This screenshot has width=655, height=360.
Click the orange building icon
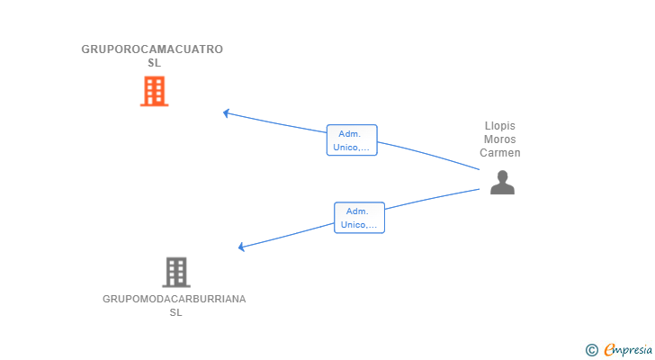point(154,91)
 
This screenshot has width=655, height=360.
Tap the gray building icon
point(176,273)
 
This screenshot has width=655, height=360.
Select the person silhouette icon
point(502,183)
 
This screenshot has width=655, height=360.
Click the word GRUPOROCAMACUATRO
point(152,49)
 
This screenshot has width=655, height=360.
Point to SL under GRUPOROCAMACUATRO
point(154,63)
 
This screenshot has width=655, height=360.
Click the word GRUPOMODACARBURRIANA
point(175,299)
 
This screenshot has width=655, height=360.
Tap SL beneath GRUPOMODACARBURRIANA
point(175,312)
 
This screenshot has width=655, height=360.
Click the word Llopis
point(500,126)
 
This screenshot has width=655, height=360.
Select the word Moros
point(500,139)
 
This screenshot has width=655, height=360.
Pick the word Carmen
point(500,153)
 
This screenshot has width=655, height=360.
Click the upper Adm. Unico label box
point(352,139)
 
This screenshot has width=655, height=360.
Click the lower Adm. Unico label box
point(359,218)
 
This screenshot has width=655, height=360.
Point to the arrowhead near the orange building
point(226,113)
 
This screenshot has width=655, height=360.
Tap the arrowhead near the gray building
point(241,247)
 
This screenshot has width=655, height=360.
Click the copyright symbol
point(591,350)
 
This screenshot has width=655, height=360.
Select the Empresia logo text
point(628,350)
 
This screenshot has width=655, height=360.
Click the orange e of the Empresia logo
point(609,350)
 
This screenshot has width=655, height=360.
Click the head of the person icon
point(502,175)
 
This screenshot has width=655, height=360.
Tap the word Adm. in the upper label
point(350,134)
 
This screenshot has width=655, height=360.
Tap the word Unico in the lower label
point(353,225)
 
